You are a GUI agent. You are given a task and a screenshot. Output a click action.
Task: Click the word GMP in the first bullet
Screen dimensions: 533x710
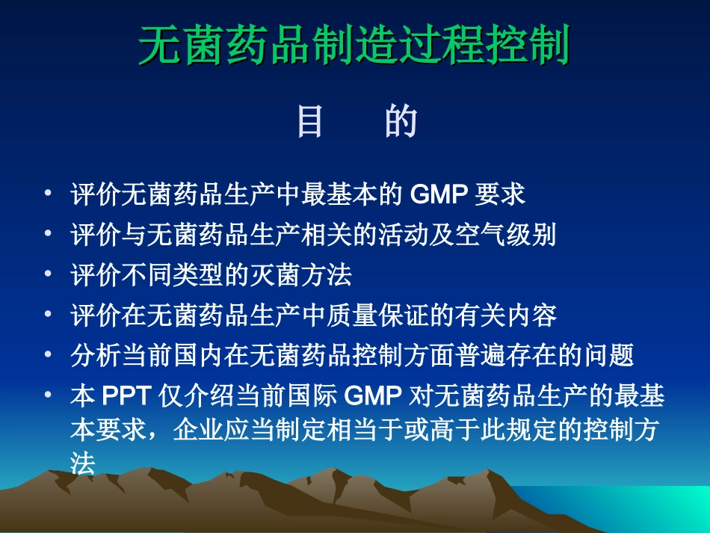pos(439,195)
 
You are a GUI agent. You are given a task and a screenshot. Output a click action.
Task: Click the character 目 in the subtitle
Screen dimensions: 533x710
pos(310,122)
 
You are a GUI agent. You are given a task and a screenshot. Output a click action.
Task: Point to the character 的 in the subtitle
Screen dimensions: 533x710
pos(401,122)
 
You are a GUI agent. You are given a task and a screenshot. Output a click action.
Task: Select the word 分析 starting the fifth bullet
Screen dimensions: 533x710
pos(90,357)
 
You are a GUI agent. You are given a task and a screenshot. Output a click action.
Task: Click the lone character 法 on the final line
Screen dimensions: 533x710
pos(83,464)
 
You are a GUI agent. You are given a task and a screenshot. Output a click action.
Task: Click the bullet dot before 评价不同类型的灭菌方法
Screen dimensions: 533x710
pos(49,275)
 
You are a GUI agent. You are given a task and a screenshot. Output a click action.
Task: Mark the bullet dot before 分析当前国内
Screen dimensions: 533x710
pos(49,356)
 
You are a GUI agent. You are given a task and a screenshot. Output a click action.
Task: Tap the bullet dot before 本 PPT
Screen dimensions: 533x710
pos(49,396)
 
